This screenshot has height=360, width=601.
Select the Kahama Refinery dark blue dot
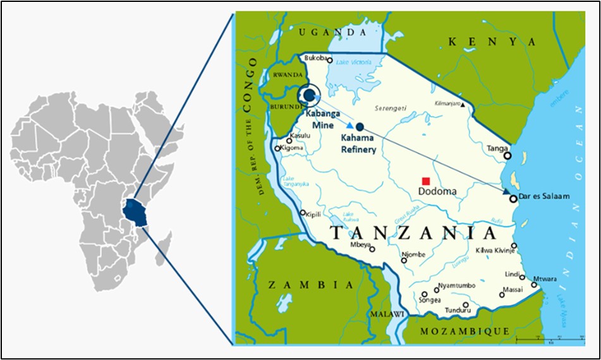click(360, 126)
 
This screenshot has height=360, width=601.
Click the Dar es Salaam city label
click(543, 197)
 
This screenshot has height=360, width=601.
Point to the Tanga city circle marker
click(507, 155)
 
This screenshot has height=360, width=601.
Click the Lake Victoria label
click(350, 62)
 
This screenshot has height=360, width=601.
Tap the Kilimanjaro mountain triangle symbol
click(463, 105)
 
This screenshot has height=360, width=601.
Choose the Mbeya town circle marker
click(372, 249)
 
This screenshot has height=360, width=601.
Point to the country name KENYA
click(491, 42)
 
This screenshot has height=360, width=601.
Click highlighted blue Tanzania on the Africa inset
click(134, 212)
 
